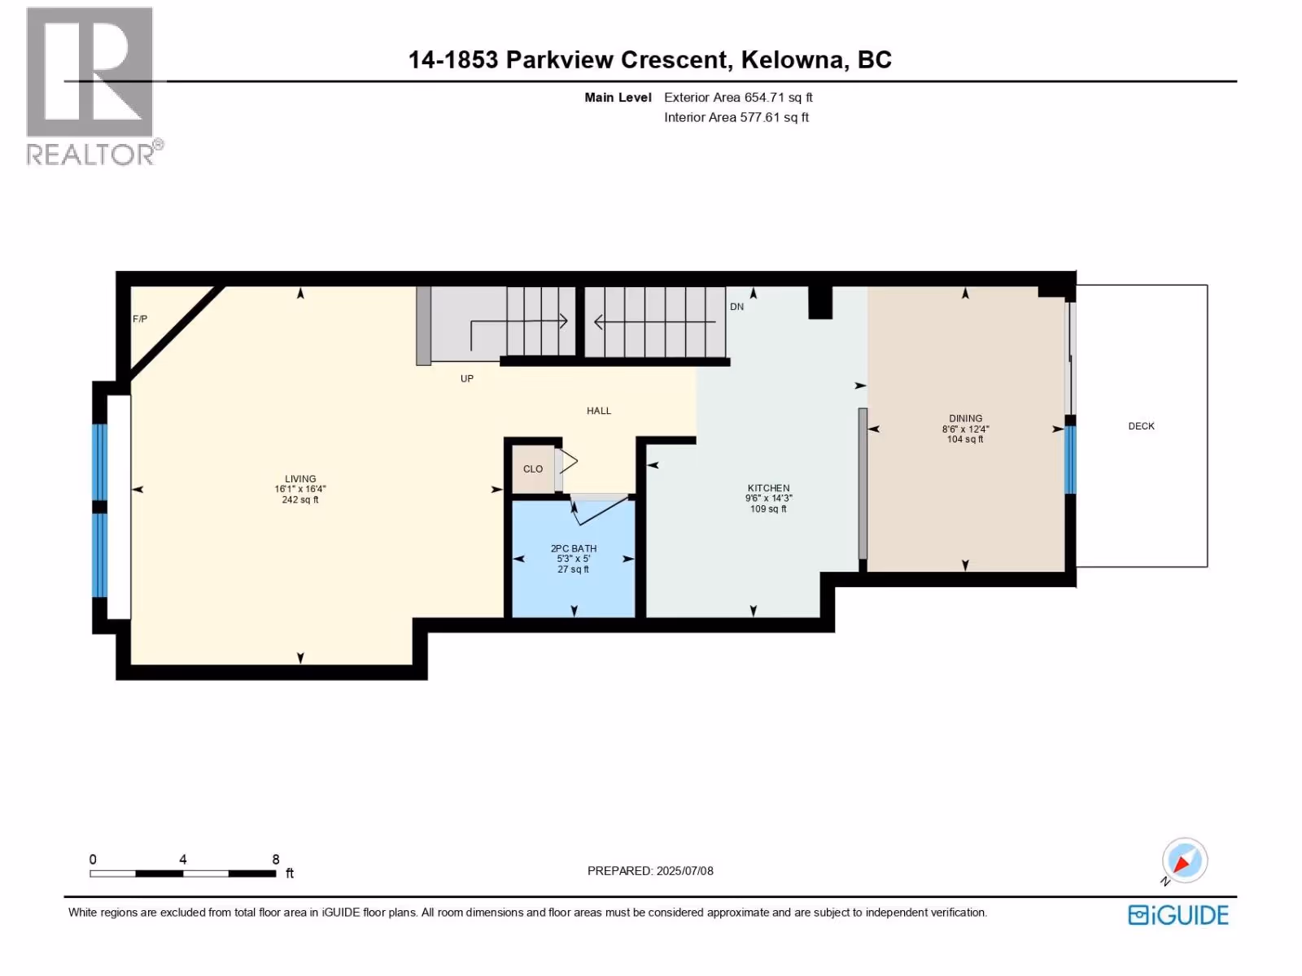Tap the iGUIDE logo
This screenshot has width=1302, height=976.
[x=1178, y=914]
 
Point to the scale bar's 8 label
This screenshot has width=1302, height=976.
[x=276, y=859]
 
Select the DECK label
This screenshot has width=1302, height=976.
[x=1141, y=426]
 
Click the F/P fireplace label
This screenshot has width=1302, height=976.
[x=140, y=319]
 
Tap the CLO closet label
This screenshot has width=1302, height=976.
[x=533, y=468]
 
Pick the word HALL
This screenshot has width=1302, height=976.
[x=598, y=411]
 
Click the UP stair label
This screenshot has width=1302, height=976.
[x=467, y=379]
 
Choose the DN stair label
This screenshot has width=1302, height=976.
[x=736, y=307]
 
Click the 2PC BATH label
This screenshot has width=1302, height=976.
[x=574, y=548]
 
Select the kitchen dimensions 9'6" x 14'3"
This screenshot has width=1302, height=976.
[x=769, y=499]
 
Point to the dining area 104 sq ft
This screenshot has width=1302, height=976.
[x=965, y=439]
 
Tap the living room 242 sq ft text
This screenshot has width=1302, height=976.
[x=300, y=499]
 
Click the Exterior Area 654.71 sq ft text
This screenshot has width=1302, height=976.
[x=739, y=97]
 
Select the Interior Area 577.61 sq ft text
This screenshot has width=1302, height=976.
[x=736, y=117]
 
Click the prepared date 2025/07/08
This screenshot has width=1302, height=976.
[x=684, y=870]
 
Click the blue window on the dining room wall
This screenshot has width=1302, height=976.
[x=1071, y=460]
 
